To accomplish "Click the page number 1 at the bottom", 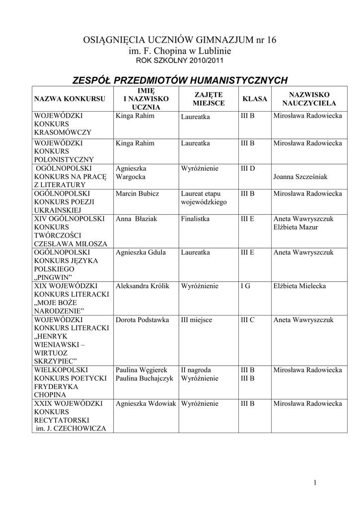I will [x=315, y=482].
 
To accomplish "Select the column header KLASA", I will [x=254, y=99].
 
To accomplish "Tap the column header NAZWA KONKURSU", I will [x=70, y=99].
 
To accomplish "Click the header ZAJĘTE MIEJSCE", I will [x=208, y=99].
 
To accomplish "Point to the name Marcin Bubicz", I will [x=137, y=193].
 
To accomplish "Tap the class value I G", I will [x=245, y=286].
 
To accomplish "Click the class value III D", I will [x=248, y=168].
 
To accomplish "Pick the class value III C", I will [x=248, y=320].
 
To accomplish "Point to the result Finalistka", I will [x=195, y=219].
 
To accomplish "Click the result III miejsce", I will [x=197, y=320].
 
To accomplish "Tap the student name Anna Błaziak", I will [x=136, y=219].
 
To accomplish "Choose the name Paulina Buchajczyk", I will [x=144, y=379].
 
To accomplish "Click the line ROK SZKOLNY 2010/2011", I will [x=180, y=61].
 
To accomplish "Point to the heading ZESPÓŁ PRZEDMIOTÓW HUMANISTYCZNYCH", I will [x=180, y=80].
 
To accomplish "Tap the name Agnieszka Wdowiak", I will [x=146, y=404].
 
